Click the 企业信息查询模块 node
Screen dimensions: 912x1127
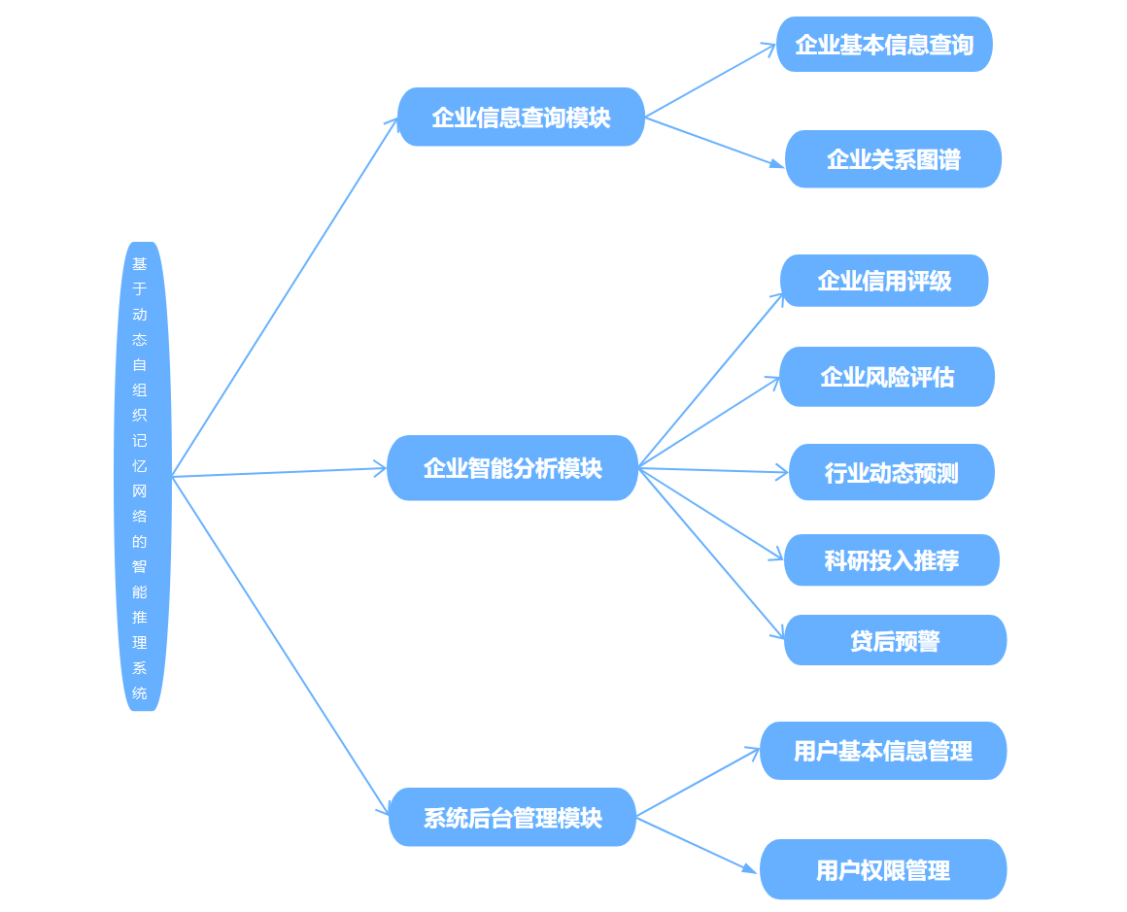coord(521,118)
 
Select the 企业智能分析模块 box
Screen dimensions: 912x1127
coord(512,468)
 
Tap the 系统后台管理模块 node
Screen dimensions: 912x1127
coord(512,818)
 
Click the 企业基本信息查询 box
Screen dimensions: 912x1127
coord(884,45)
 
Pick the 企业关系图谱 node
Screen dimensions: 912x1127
coord(893,159)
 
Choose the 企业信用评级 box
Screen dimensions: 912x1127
coord(884,281)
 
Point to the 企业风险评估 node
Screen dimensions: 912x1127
coord(887,377)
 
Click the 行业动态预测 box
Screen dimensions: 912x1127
coord(892,473)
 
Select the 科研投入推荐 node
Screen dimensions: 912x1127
coord(892,560)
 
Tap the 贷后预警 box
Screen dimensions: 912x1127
coord(895,641)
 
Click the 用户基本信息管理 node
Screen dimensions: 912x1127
coord(883,751)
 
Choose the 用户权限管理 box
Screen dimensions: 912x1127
coord(883,870)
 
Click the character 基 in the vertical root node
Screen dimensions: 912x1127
coord(140,263)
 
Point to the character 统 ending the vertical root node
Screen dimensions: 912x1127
coord(140,693)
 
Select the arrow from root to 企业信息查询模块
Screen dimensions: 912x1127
coord(284,298)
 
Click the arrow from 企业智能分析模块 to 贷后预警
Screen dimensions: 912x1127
coord(711,554)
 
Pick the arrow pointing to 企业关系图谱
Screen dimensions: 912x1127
coord(714,143)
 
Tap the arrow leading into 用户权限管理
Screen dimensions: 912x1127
coord(696,845)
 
